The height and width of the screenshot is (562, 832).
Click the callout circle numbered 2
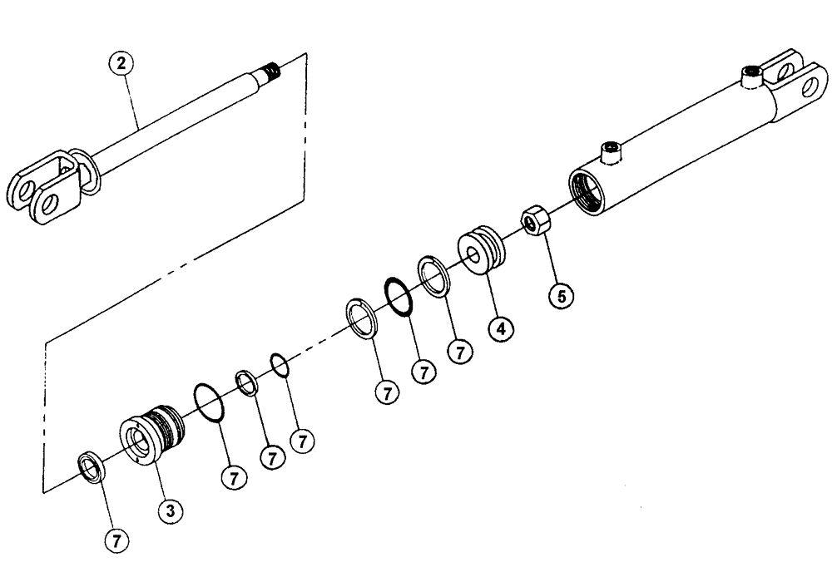[123, 63]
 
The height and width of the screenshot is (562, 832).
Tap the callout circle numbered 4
[502, 327]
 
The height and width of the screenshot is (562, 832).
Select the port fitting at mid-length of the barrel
[612, 150]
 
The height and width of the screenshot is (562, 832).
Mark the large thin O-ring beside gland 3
[210, 403]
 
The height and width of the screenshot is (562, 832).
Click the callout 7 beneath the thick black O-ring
[424, 372]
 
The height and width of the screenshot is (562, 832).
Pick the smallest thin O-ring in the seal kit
[280, 365]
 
